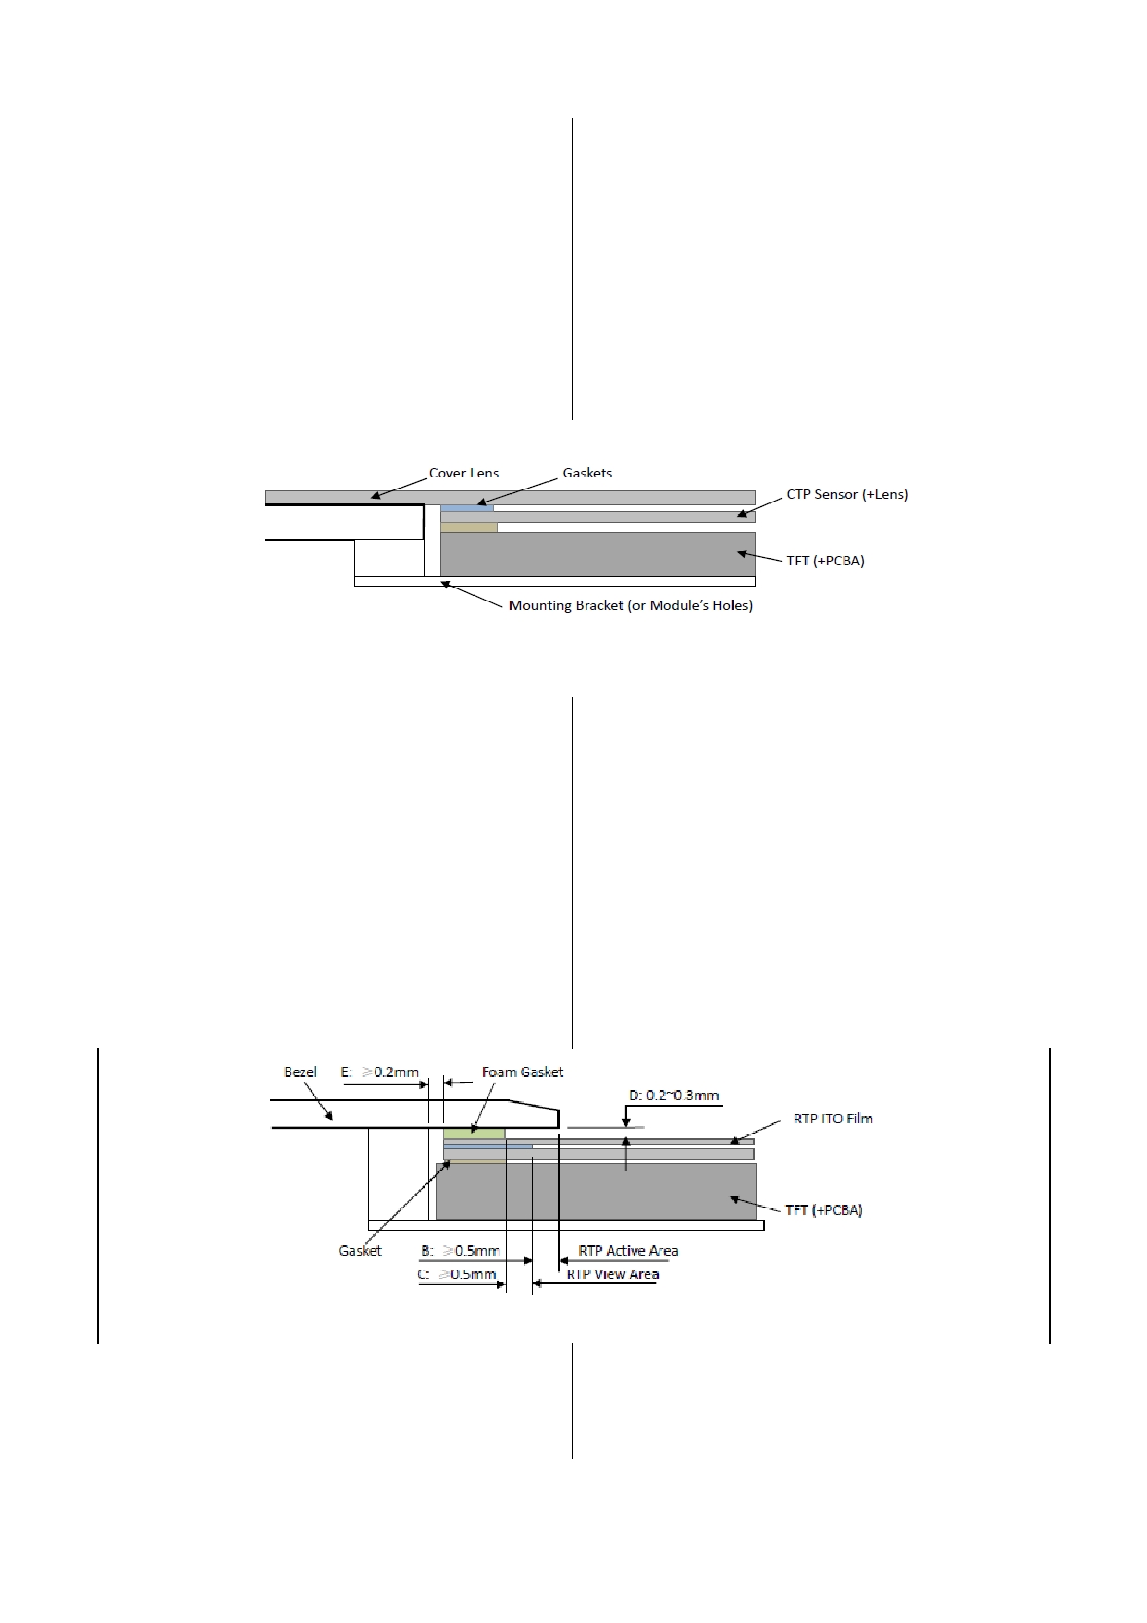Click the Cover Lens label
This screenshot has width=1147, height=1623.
(463, 473)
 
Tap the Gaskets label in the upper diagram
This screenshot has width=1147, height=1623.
(587, 473)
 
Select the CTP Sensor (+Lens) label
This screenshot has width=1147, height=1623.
(847, 494)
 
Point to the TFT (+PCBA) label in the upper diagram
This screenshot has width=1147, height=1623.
(825, 561)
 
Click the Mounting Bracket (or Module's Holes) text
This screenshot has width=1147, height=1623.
(631, 606)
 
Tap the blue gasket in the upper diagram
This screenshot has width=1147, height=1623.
(467, 507)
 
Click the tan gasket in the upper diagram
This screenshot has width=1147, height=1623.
(469, 527)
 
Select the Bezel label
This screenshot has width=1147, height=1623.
(301, 1072)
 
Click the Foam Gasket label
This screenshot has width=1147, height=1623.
(523, 1072)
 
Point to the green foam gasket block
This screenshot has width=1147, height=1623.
(475, 1134)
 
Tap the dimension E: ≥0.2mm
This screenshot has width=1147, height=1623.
(380, 1072)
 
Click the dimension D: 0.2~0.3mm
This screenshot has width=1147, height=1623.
(674, 1096)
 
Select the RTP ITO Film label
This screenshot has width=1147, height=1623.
(833, 1119)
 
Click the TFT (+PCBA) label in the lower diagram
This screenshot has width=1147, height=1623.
(824, 1209)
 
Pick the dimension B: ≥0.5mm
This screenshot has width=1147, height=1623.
(461, 1251)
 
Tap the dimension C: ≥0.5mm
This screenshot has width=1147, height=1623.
(457, 1274)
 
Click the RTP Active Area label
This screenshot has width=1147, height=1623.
(628, 1251)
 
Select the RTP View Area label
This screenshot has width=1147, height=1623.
(613, 1274)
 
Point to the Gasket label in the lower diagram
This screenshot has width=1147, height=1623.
(360, 1251)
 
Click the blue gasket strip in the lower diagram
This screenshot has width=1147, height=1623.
(488, 1146)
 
